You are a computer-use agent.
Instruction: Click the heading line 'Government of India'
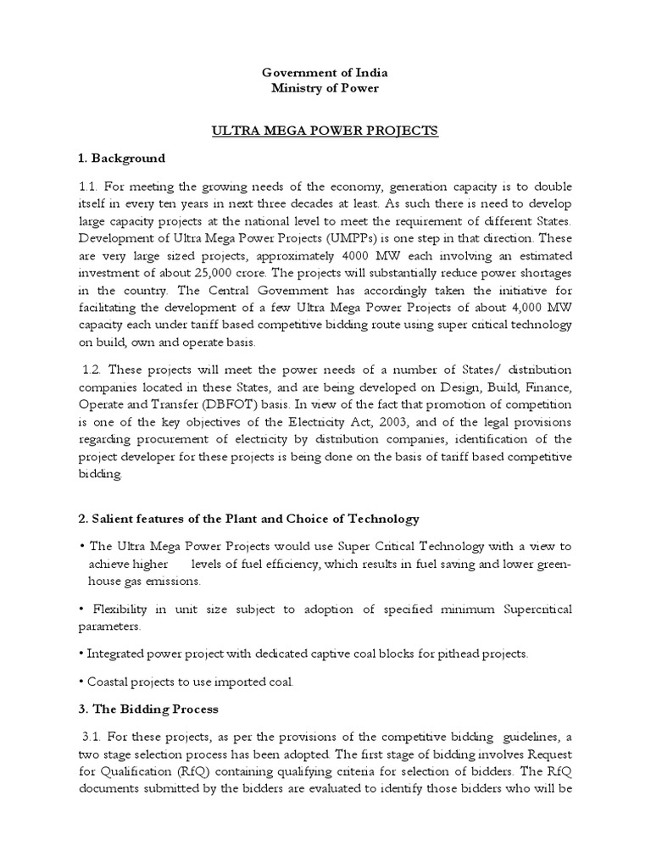[x=325, y=73]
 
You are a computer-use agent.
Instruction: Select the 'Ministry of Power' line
[x=325, y=88]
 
